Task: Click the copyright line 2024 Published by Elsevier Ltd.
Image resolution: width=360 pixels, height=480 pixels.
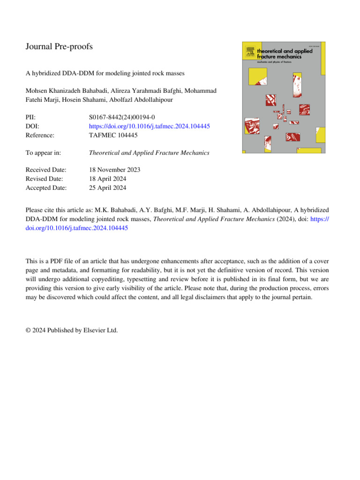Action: click(72, 330)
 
